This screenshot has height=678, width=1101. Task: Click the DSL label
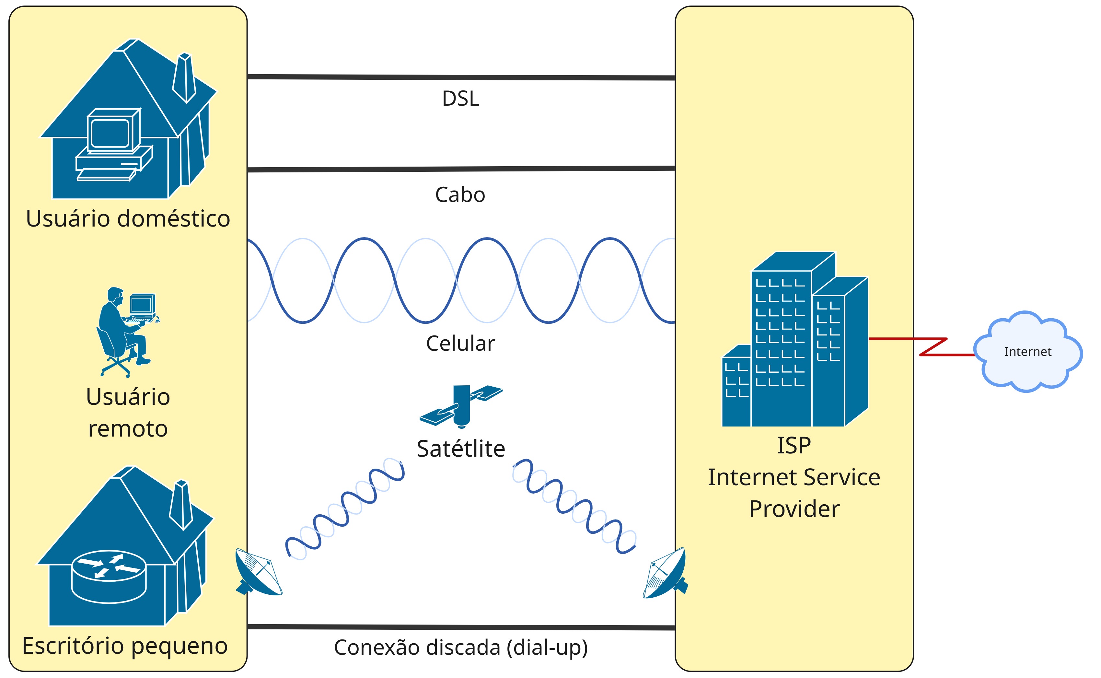(x=460, y=99)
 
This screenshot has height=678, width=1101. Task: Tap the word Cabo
(x=460, y=194)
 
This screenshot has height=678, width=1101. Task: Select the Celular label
(x=460, y=344)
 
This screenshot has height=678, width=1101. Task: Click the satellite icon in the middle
(x=461, y=405)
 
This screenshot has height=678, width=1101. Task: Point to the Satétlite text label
(x=461, y=449)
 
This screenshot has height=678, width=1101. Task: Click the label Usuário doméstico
(x=128, y=219)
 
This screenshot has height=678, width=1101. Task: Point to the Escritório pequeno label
(x=125, y=646)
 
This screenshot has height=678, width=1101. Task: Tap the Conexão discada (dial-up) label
(x=461, y=648)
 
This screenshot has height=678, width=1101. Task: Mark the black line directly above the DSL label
(x=461, y=77)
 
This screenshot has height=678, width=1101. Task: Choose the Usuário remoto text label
(x=128, y=413)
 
